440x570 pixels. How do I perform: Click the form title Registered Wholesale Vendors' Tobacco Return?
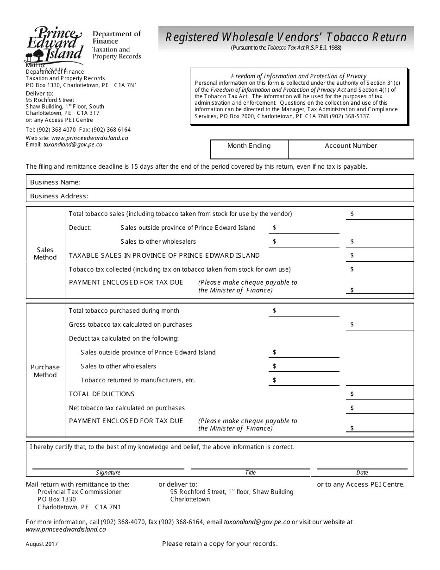[x=286, y=37]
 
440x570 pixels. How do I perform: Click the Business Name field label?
[x=55, y=182]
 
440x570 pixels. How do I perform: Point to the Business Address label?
[x=59, y=196]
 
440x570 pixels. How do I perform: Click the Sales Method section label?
[x=45, y=253]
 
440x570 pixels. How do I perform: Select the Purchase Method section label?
[x=45, y=371]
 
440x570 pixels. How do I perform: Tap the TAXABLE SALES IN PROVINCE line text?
[x=164, y=255]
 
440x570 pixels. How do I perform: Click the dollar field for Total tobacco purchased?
[x=303, y=310]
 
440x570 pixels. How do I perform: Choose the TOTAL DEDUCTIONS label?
[x=101, y=394]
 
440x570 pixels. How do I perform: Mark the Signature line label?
[x=108, y=473]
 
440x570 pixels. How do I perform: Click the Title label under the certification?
[x=250, y=473]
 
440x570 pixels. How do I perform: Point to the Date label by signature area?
[x=362, y=473]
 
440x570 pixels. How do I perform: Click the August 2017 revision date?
[x=42, y=544]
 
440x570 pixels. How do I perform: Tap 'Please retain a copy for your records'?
[x=220, y=544]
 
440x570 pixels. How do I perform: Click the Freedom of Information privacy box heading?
[x=299, y=76]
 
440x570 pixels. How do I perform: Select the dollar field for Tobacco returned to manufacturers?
[x=303, y=380]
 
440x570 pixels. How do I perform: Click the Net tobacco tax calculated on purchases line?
[x=127, y=408]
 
